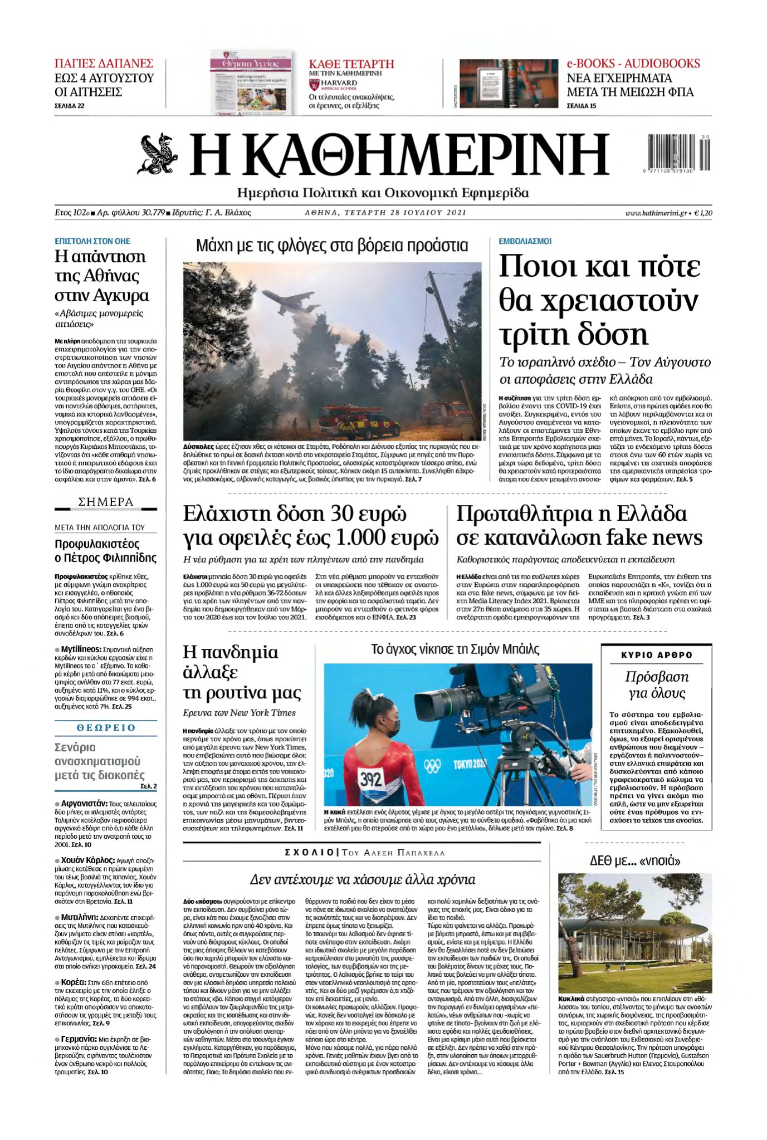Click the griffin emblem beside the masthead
click(x=158, y=153)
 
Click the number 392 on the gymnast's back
click(x=370, y=779)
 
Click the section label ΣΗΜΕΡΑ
click(x=106, y=502)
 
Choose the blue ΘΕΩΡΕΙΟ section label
click(x=106, y=727)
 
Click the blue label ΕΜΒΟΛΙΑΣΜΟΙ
click(x=525, y=241)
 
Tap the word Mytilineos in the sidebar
click(x=81, y=649)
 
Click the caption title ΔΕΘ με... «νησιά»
click(x=634, y=860)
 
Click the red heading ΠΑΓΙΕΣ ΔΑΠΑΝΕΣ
click(x=104, y=63)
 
